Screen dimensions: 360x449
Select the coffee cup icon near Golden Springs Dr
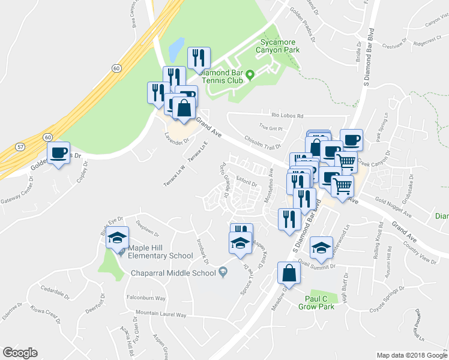[58, 154]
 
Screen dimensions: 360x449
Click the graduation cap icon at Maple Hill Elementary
[118, 238]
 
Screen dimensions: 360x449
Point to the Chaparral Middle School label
[173, 273]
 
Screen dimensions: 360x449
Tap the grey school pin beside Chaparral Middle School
[223, 272]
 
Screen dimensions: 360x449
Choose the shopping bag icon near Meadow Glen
[289, 273]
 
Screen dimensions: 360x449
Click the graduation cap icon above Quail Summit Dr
[322, 248]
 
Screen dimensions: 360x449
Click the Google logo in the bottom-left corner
[20, 353]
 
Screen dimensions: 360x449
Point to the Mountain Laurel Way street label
[161, 314]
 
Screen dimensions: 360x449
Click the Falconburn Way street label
[146, 298]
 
